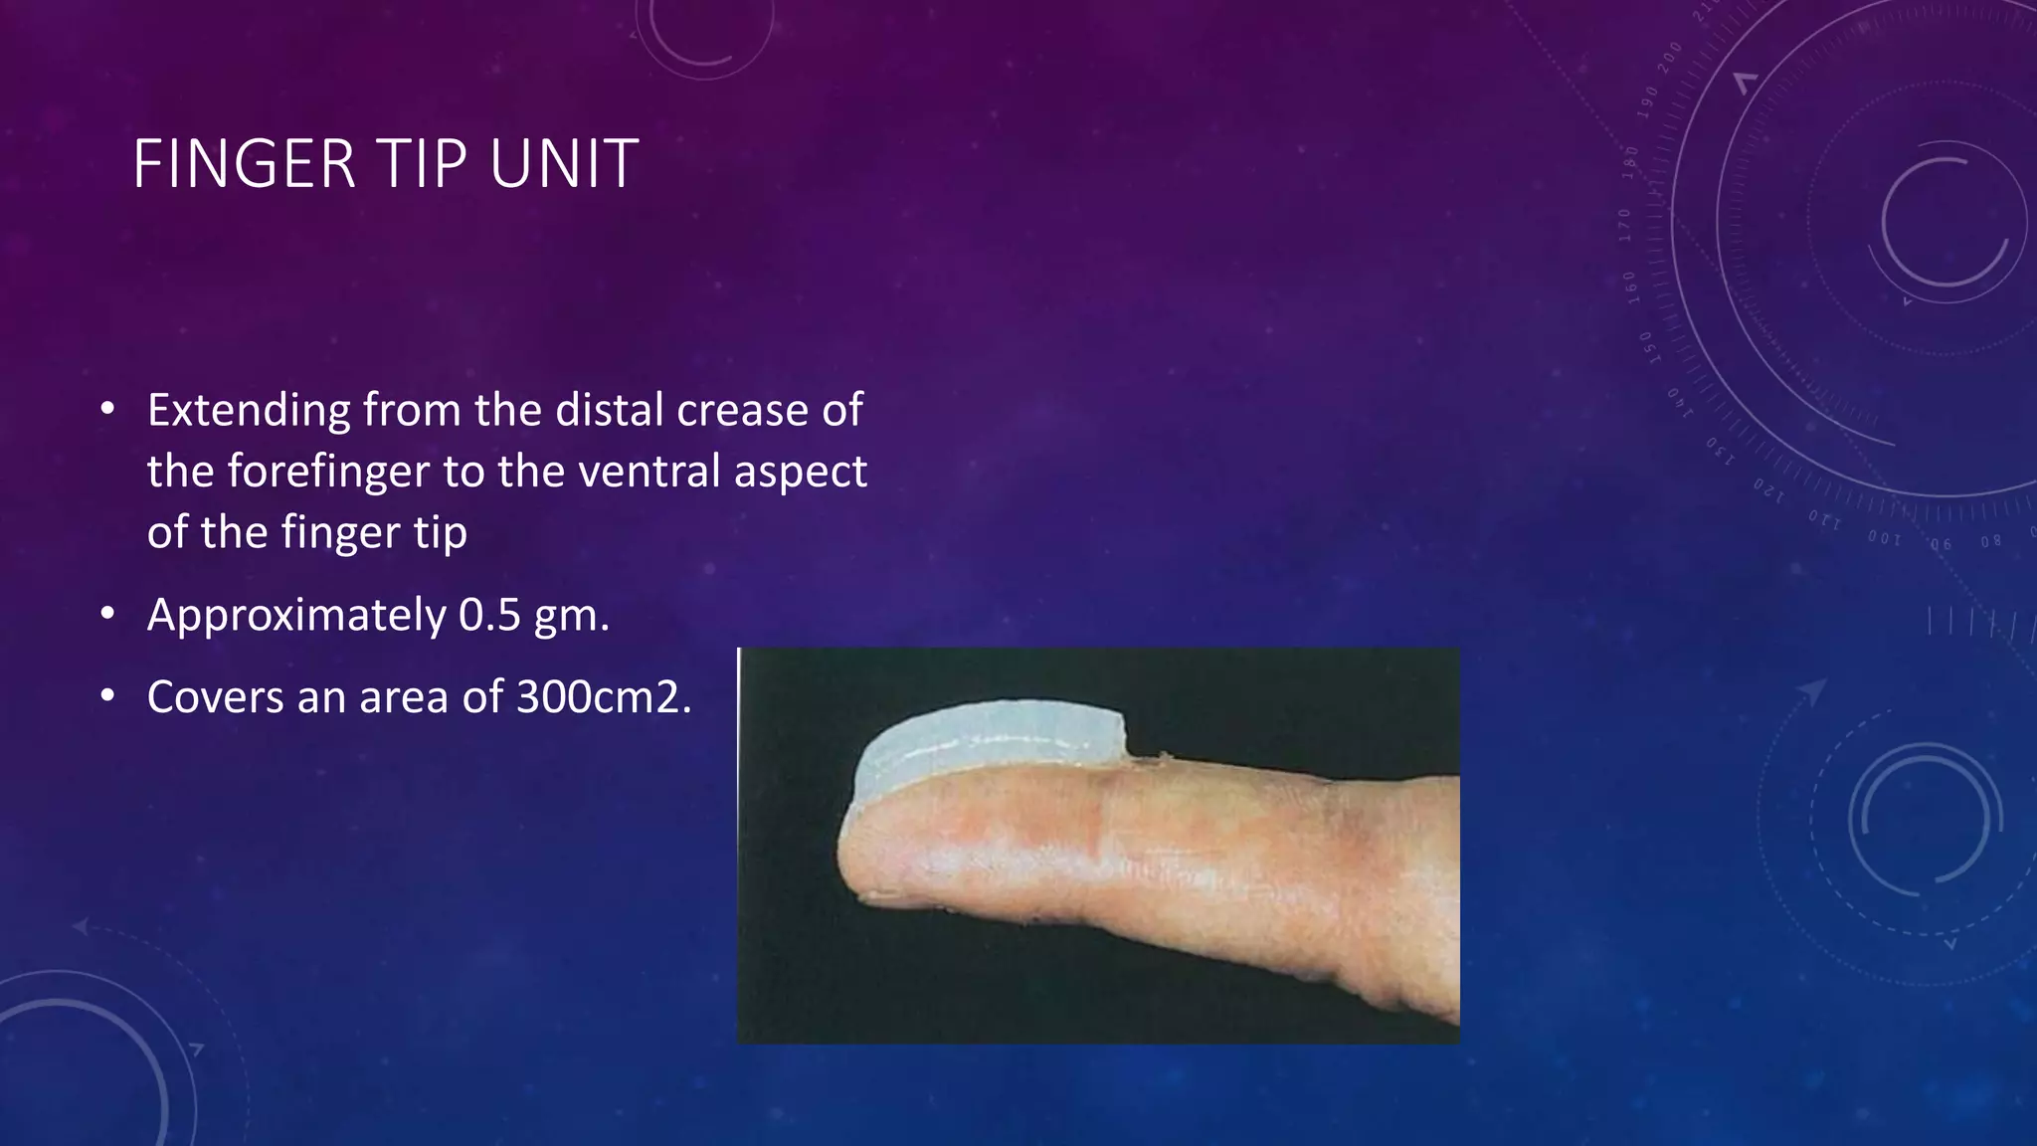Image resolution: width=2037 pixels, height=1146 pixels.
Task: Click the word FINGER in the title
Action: pos(244,164)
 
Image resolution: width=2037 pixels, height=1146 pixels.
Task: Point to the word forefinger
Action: pos(328,472)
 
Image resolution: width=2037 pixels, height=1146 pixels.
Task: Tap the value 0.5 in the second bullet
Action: pos(489,615)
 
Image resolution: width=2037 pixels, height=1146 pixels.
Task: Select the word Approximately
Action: pos(296,617)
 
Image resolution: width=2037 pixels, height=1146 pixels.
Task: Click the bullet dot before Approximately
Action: pos(107,614)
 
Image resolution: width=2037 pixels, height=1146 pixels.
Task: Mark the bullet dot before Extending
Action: pos(107,409)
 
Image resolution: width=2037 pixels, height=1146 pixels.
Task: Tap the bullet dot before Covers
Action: pos(107,696)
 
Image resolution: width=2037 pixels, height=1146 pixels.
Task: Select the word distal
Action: pos(610,411)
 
